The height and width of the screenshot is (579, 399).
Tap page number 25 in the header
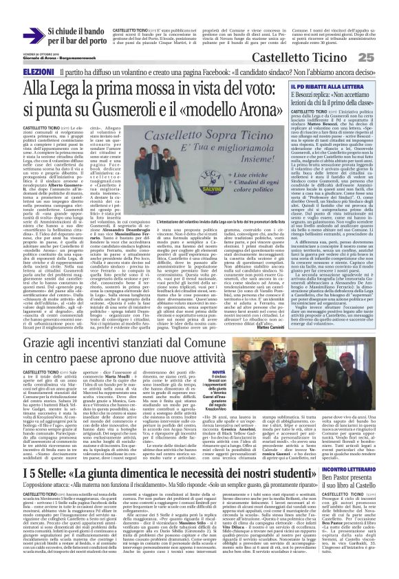(x=385, y=57)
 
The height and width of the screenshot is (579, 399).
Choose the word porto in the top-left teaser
(x=94, y=41)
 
